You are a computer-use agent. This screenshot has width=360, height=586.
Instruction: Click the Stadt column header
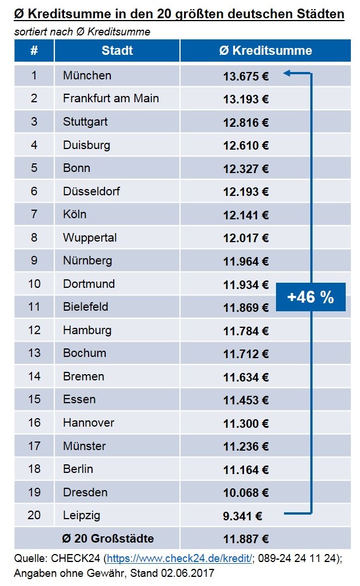117,50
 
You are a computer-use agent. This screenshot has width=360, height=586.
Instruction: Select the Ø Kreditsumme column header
265,50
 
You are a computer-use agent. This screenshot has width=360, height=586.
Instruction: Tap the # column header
34,50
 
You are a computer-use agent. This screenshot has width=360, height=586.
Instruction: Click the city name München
87,75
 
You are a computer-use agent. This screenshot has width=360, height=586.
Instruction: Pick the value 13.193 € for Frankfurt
246,99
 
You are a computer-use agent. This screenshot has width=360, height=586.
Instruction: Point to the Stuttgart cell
85,122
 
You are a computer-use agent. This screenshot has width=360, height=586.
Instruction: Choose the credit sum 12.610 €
246,145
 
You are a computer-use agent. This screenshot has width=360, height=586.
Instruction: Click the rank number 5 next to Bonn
34,168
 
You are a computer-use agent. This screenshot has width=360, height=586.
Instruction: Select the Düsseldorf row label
91,191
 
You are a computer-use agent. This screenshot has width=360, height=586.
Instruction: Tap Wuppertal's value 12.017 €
246,238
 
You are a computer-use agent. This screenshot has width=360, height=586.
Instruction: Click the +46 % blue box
310,297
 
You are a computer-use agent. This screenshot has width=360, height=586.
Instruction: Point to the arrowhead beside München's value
287,73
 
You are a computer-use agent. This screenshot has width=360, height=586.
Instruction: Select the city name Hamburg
87,330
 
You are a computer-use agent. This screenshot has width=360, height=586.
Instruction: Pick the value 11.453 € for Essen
246,400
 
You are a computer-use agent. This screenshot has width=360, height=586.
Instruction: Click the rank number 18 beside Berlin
34,469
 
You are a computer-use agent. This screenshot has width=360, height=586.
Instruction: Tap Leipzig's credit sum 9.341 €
242,516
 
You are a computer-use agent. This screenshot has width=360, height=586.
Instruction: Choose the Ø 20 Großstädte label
108,539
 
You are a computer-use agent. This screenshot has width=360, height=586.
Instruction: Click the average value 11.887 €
246,539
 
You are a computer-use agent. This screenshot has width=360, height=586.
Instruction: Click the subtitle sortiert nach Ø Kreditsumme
82,32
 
